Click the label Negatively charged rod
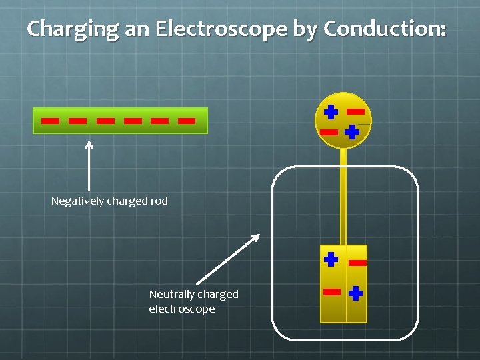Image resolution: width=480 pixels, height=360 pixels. click(x=109, y=201)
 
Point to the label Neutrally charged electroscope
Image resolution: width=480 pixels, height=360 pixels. click(x=193, y=301)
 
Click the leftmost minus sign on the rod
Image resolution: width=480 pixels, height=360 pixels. click(x=49, y=121)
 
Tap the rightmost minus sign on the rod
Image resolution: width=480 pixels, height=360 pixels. click(x=187, y=121)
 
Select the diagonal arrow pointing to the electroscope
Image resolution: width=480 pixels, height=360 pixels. click(x=227, y=259)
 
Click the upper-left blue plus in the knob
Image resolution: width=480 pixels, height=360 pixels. click(x=331, y=111)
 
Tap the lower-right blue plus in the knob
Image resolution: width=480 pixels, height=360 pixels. click(x=352, y=132)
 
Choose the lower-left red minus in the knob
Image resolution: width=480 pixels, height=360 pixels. click(x=329, y=132)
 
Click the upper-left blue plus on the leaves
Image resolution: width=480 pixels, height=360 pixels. click(x=331, y=259)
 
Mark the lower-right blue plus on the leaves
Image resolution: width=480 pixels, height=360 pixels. click(x=355, y=292)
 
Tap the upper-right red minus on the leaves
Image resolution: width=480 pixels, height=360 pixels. click(x=358, y=263)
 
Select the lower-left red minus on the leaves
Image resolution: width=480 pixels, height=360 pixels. click(x=331, y=292)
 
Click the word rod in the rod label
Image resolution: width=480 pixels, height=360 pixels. click(x=159, y=201)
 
